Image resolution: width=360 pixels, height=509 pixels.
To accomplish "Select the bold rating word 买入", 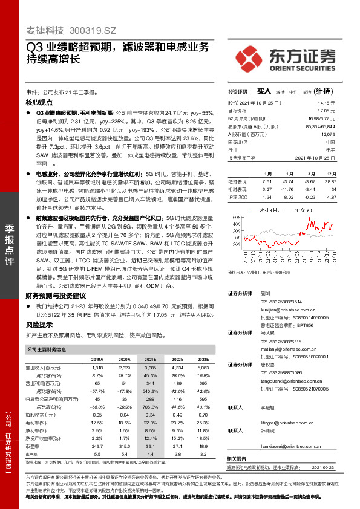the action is click(x=264, y=91).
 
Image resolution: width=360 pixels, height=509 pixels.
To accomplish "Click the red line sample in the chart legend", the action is click(x=253, y=210).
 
